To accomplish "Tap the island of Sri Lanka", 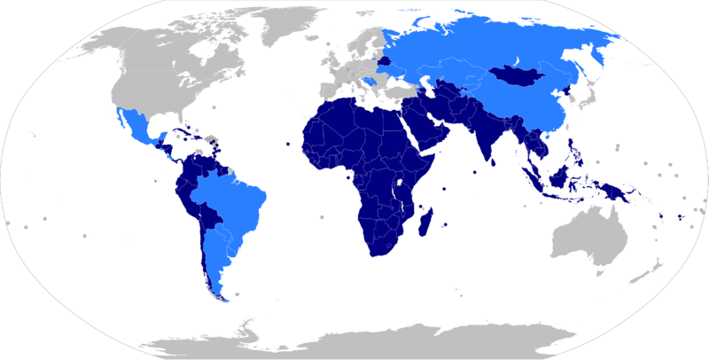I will coord(489,163).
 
